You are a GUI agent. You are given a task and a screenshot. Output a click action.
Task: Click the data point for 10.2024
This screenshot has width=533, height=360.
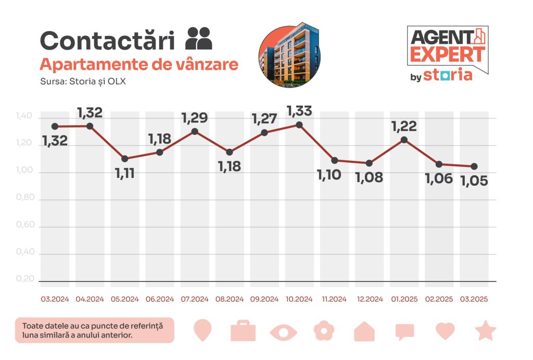299,125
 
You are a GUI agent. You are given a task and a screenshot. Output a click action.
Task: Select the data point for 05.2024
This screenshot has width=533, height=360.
124,159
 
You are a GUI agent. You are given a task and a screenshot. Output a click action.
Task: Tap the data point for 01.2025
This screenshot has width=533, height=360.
404,139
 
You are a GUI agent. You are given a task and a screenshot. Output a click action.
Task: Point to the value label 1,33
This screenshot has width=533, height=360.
299,111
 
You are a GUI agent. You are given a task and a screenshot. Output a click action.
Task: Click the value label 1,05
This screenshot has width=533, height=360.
474,181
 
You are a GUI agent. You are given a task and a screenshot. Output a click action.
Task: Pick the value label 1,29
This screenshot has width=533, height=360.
194,118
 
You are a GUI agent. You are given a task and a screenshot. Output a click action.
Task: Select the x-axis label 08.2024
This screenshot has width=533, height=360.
230,300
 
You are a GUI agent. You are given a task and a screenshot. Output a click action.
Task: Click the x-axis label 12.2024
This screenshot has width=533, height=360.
369,300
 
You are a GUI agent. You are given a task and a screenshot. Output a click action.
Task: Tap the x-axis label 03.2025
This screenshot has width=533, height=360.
474,300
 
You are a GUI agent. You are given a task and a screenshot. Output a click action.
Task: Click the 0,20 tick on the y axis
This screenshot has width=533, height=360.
26,279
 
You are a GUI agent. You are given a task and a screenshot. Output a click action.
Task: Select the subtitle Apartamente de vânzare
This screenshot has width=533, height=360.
139,65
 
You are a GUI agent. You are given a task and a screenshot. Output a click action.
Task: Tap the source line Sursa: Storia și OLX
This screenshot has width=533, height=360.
83,82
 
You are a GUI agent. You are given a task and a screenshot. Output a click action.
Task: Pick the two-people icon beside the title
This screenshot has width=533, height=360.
199,38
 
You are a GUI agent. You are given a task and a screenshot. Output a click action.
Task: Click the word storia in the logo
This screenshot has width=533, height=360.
448,75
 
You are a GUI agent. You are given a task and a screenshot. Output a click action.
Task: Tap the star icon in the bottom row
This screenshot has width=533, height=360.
486,331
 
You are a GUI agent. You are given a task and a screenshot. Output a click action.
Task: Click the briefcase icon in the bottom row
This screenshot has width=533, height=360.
243,331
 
